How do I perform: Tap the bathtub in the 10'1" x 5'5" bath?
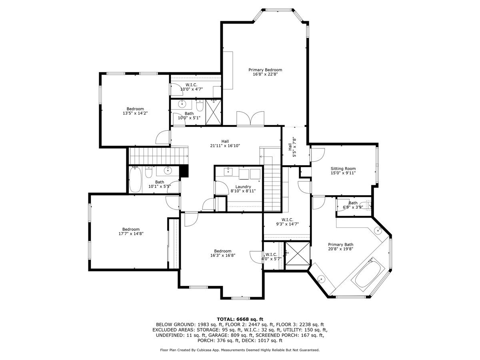[136, 180]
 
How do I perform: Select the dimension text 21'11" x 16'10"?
[225, 146]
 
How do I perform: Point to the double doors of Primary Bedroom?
[250, 119]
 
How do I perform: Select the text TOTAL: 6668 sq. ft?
[240, 319]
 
